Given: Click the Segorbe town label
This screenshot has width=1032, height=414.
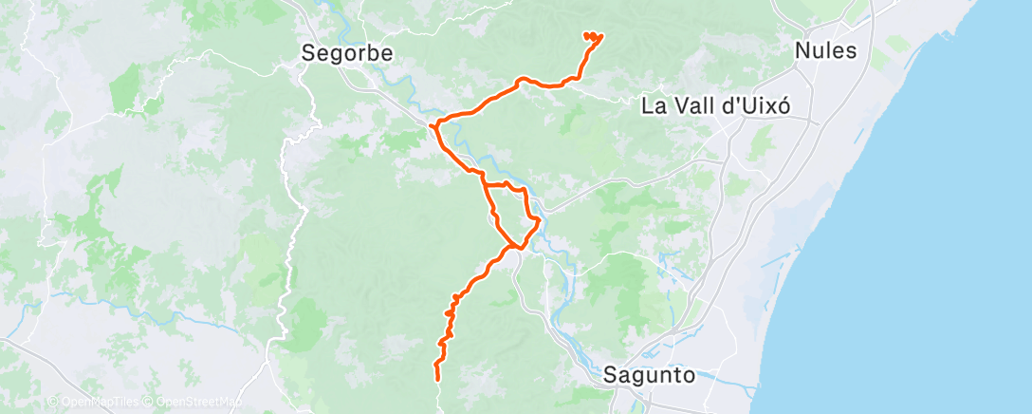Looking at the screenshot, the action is click(x=346, y=53).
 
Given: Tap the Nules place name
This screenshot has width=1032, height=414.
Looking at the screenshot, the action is click(x=826, y=51).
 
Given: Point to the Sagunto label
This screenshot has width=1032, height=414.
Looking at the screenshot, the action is click(x=650, y=375).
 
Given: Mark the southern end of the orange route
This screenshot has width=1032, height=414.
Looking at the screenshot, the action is click(x=437, y=379).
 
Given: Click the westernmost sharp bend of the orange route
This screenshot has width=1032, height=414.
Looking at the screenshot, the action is click(x=433, y=125).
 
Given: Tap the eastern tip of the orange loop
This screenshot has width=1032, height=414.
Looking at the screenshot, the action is click(x=539, y=221).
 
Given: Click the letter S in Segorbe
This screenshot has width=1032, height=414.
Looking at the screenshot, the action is click(x=308, y=53).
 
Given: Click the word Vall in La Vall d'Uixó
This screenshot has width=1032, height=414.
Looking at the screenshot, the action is click(x=691, y=105).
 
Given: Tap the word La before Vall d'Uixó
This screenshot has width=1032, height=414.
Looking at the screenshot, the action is click(x=654, y=105).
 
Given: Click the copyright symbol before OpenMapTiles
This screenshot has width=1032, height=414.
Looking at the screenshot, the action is click(x=51, y=403).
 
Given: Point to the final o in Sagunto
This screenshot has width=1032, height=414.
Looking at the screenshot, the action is click(x=690, y=375).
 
